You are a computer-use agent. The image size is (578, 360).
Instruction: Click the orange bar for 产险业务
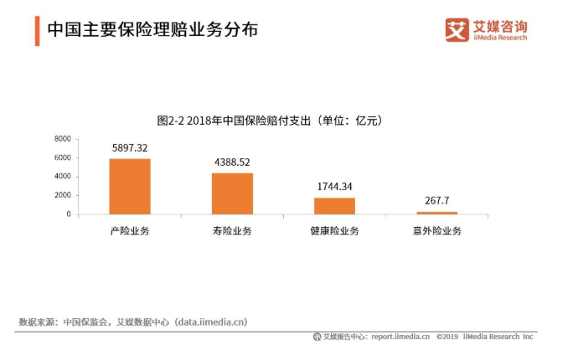click(130, 186)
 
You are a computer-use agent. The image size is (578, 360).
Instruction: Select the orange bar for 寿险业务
click(232, 193)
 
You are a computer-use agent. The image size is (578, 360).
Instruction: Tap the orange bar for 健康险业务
click(334, 206)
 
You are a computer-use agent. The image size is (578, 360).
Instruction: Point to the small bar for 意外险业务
click(436, 213)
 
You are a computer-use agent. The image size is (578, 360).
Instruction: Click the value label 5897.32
click(130, 148)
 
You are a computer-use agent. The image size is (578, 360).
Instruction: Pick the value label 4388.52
click(232, 162)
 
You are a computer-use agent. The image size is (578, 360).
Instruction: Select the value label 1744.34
click(334, 188)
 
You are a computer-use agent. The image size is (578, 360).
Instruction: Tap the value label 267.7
click(436, 201)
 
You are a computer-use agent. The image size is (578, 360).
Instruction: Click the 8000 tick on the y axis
click(61, 138)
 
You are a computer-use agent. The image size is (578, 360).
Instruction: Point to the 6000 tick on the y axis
click(61, 157)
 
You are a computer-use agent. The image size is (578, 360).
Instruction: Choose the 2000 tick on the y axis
click(61, 195)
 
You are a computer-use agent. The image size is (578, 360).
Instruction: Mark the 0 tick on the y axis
click(68, 214)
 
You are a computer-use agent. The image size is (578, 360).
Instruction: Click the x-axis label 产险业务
click(130, 230)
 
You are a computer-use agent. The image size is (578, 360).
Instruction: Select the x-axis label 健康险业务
click(334, 230)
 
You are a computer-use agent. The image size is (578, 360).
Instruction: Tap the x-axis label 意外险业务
click(436, 230)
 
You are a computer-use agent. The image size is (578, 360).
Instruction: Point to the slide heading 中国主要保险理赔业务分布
click(152, 30)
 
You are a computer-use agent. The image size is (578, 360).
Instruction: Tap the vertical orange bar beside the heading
click(37, 30)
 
